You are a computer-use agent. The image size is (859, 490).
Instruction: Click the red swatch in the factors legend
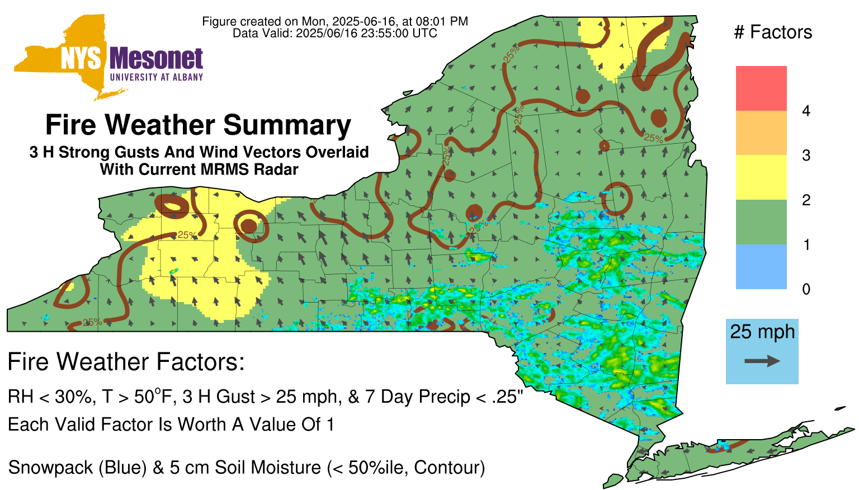coord(761,88)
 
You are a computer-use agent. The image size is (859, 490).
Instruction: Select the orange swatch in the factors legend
coord(761,133)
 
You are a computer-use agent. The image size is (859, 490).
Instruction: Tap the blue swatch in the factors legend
coord(761,266)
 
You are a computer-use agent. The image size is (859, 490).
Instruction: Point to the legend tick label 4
coord(806,111)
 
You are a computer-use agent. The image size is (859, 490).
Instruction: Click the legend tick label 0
coord(806,290)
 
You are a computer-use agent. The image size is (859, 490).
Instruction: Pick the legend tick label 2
coord(806,200)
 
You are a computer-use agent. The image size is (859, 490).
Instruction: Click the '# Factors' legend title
coord(773,32)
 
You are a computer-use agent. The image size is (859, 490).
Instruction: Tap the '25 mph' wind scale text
coord(762,332)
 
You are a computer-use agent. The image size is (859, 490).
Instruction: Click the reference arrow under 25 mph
coord(762,361)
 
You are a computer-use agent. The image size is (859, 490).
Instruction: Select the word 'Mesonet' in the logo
coord(156,59)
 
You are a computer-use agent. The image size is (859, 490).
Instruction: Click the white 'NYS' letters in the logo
coord(81,59)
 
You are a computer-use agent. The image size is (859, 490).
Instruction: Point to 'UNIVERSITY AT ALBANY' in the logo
coord(157,77)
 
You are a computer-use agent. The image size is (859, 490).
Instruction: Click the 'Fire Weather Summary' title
coord(199,125)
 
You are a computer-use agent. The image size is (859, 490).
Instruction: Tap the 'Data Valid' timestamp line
coord(335,34)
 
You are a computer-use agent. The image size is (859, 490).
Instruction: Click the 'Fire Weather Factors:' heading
coord(126,361)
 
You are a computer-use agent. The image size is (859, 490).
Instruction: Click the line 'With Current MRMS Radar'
coord(199,169)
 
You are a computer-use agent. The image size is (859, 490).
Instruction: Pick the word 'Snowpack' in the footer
coord(50,468)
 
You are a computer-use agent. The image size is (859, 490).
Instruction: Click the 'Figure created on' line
coord(335,21)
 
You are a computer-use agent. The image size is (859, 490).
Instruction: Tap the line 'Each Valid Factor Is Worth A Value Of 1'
coord(171,425)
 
